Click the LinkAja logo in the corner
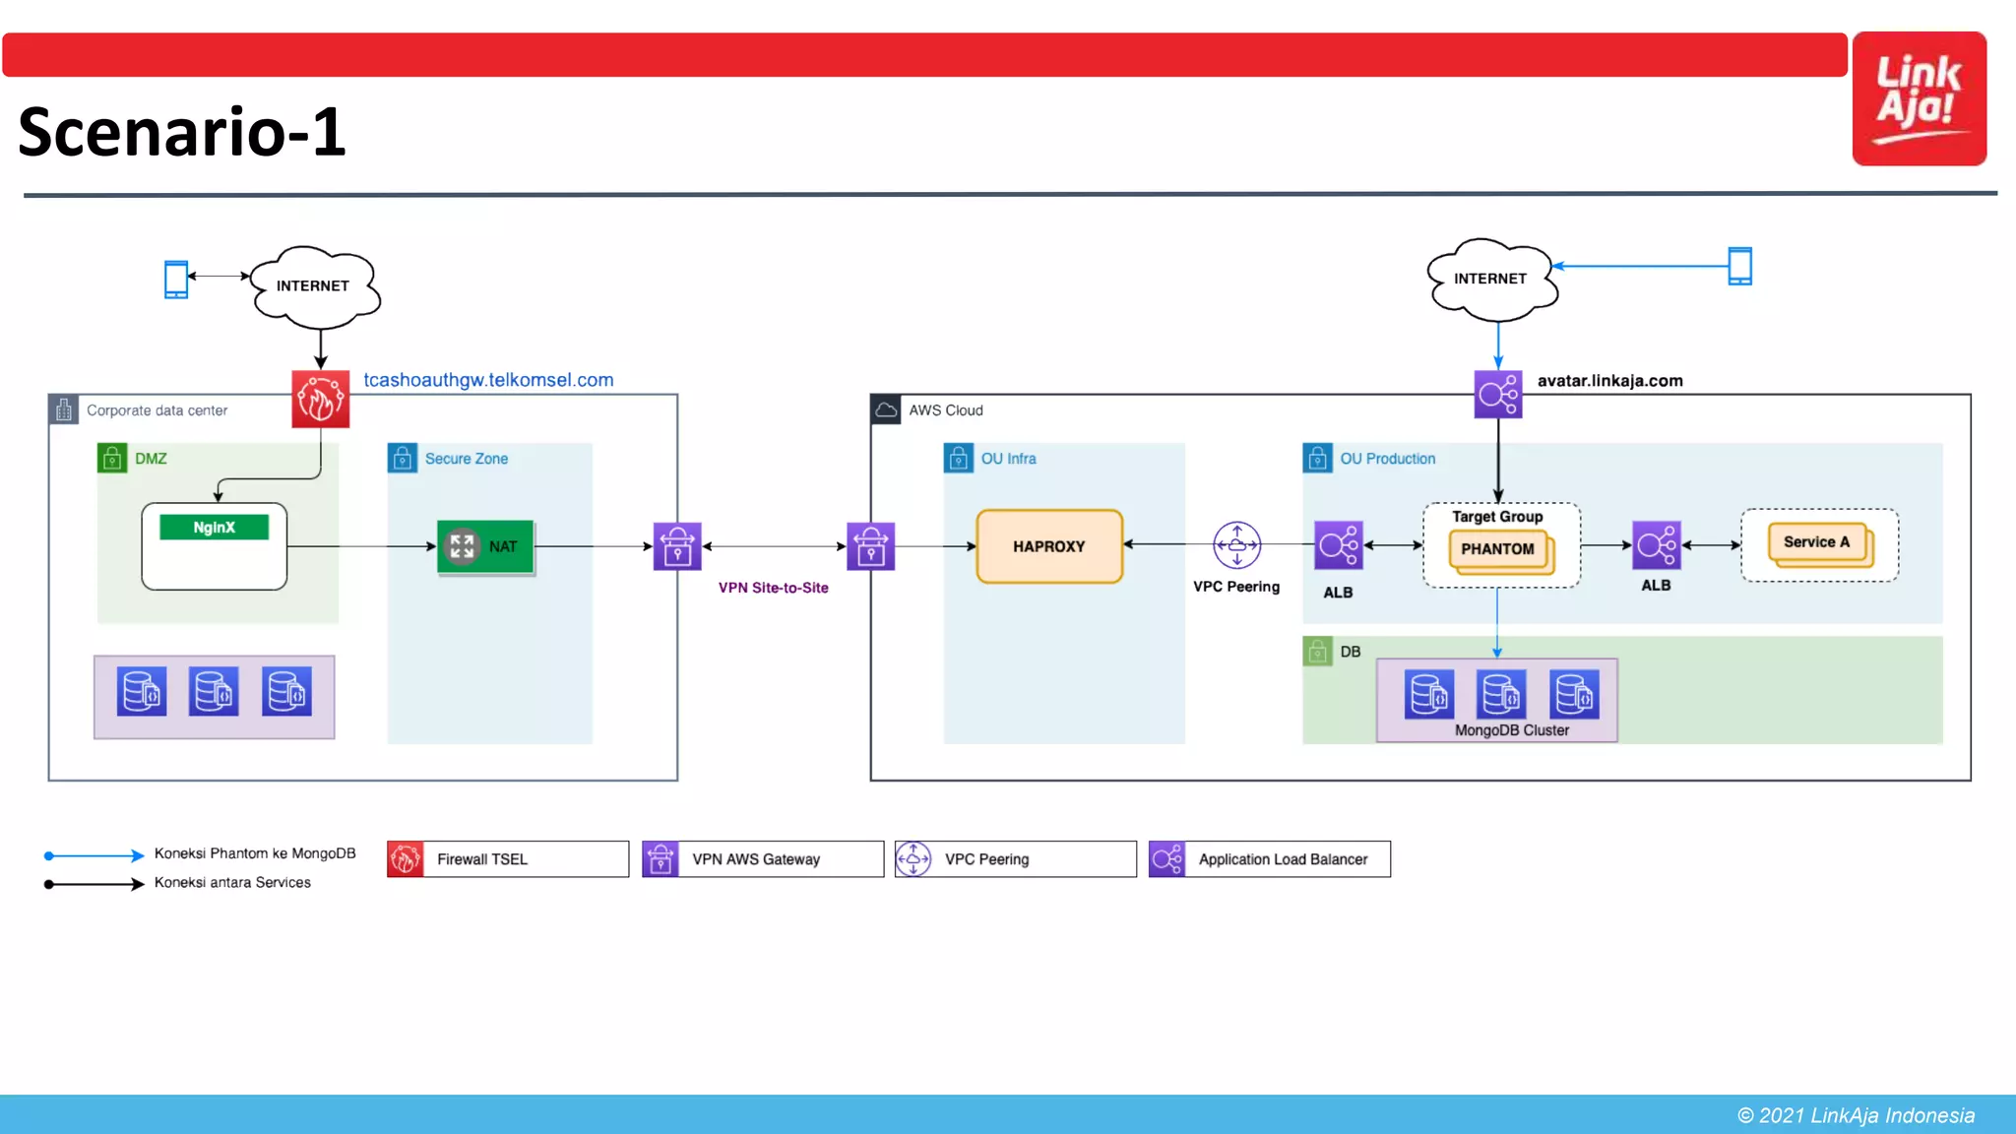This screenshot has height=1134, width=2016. coord(1919,98)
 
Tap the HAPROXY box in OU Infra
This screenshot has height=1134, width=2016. coord(1049,546)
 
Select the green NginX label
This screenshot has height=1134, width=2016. coord(214,528)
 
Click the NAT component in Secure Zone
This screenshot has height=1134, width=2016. coord(485,546)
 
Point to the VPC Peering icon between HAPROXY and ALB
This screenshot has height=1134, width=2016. coord(1236,545)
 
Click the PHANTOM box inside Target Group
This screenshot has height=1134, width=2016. coord(1497,549)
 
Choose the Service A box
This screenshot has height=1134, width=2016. coord(1816,542)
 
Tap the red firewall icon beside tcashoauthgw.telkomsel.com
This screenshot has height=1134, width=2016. coord(320,399)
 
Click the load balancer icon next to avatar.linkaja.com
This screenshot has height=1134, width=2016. coord(1497,395)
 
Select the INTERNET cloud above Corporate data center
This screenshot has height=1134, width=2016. coord(313,286)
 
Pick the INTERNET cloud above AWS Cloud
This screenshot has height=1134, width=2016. coord(1490,280)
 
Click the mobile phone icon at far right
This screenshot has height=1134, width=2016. coord(1739,266)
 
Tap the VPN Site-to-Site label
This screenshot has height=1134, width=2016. coord(773,588)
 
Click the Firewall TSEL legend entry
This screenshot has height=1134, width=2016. coord(507,859)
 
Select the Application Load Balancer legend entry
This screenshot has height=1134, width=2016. coord(1269,859)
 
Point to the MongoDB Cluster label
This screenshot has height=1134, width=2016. coord(1511,730)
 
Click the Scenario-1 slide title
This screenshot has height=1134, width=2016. coord(182,132)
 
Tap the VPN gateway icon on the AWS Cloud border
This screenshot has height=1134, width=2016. coord(870,546)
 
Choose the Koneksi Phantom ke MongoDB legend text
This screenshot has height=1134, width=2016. coord(254,853)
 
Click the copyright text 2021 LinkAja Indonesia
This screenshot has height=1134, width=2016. coord(1856,1115)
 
